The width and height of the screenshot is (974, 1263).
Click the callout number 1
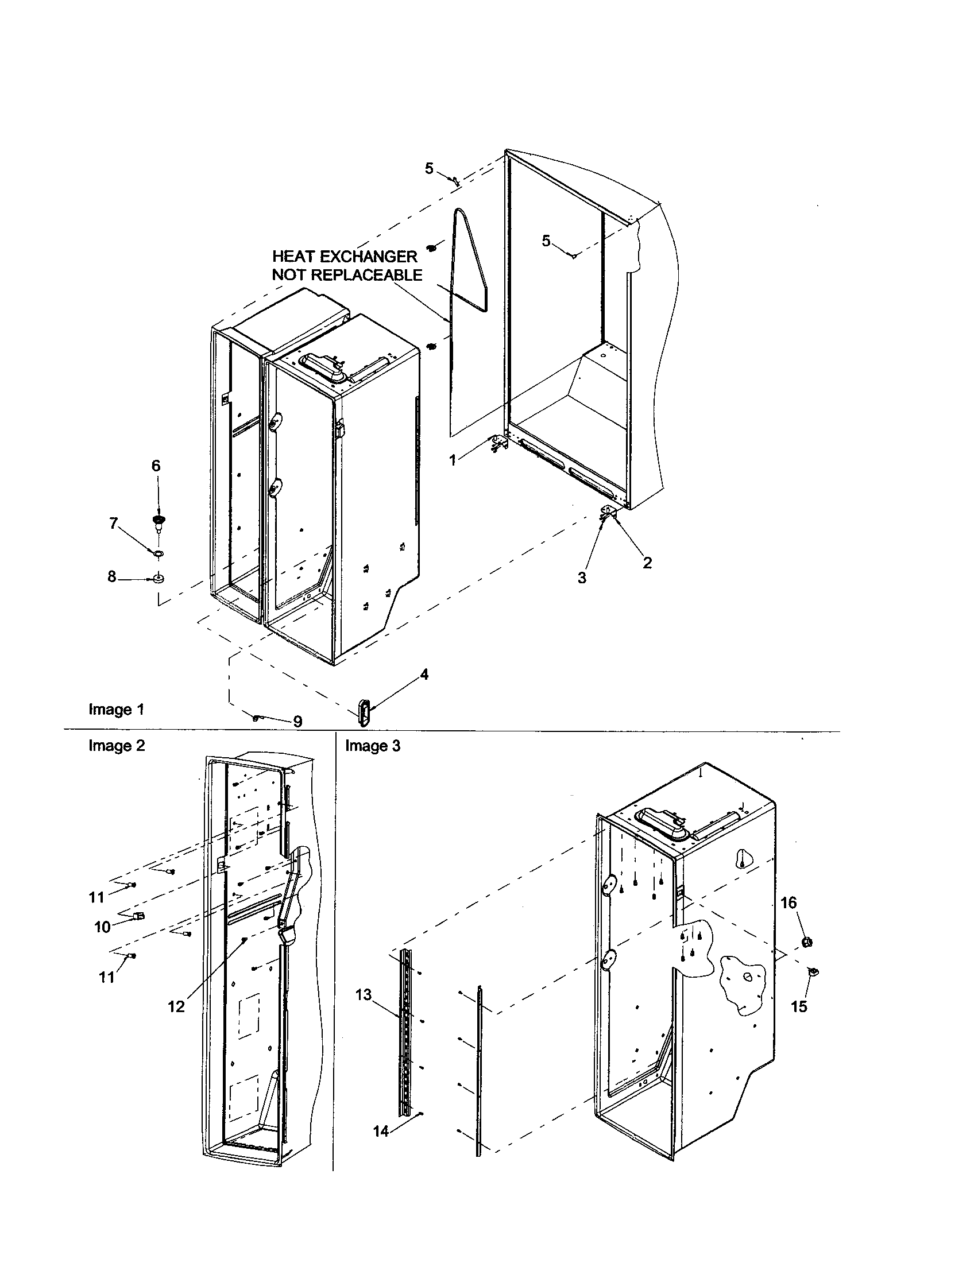pyautogui.click(x=453, y=460)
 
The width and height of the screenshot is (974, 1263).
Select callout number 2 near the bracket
pyautogui.click(x=647, y=563)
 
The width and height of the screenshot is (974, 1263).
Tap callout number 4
pyautogui.click(x=424, y=675)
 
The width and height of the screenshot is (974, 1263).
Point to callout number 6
pyautogui.click(x=156, y=466)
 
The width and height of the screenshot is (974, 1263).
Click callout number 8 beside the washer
pyautogui.click(x=111, y=576)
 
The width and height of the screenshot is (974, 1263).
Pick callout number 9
pyautogui.click(x=297, y=721)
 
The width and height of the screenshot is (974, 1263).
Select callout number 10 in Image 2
pyautogui.click(x=102, y=927)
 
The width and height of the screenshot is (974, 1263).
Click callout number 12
pyautogui.click(x=176, y=1006)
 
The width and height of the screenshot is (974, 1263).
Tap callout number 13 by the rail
pyautogui.click(x=363, y=995)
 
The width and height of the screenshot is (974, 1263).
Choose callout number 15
pyautogui.click(x=799, y=1006)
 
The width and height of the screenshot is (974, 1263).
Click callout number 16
pyautogui.click(x=789, y=902)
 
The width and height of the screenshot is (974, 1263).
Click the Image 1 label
pyautogui.click(x=115, y=709)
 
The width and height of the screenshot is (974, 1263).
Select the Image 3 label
pyautogui.click(x=373, y=746)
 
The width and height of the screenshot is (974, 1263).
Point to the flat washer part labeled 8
pyautogui.click(x=158, y=578)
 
